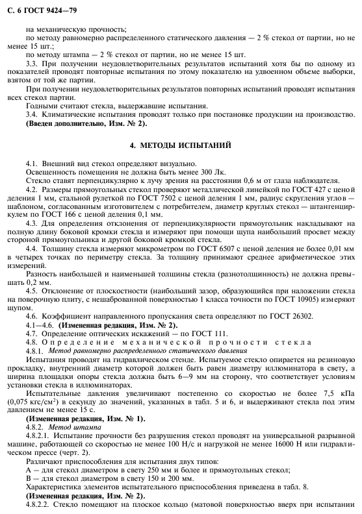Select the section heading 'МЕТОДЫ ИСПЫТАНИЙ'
[x=188, y=144]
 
